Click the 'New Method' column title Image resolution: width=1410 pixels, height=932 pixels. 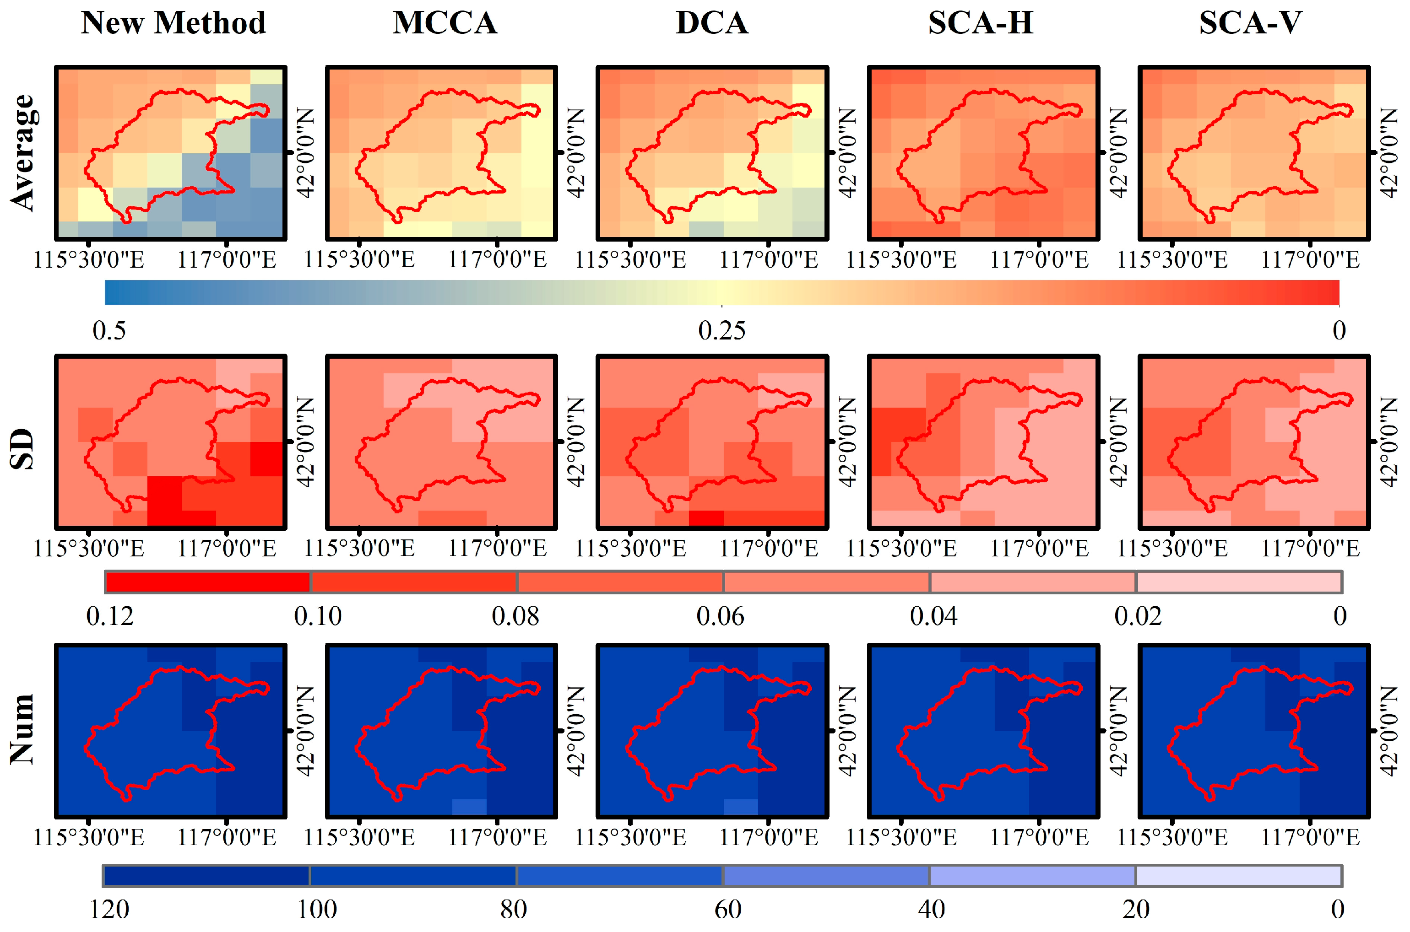coord(173,23)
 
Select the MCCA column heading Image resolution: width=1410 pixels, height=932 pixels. coord(445,23)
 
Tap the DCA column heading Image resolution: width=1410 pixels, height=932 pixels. coord(712,23)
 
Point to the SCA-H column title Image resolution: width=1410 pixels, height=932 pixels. coord(981,23)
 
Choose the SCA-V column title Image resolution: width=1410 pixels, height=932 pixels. coord(1251,23)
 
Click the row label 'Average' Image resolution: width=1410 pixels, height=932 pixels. coord(24,153)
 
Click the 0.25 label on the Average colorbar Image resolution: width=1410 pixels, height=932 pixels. coord(722,330)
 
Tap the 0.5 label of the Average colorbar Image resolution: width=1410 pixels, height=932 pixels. coord(109,330)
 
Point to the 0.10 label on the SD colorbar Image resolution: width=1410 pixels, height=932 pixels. coord(318,616)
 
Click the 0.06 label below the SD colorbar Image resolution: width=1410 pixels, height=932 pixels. coord(720,616)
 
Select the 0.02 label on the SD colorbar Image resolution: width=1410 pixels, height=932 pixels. coord(1138,616)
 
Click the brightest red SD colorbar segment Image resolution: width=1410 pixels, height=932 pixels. coord(207,582)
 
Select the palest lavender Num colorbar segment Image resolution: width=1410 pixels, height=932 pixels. coord(1239,876)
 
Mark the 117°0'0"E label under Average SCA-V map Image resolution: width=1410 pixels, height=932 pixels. coord(1310,260)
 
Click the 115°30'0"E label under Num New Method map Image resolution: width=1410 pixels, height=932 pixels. coord(89,838)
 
